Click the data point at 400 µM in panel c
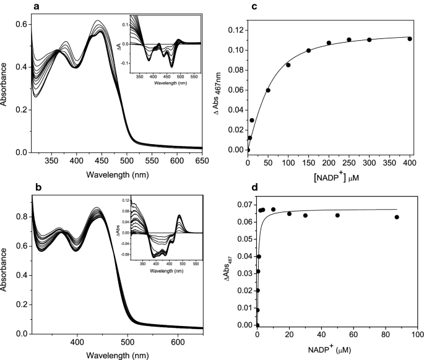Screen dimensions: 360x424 (410, 39)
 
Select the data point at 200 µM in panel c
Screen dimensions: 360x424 (329, 43)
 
